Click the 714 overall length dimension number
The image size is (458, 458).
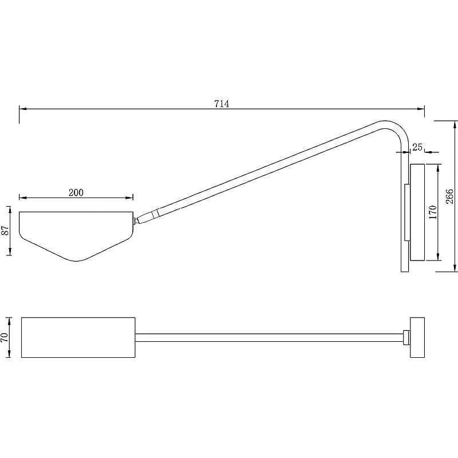tap(222, 104)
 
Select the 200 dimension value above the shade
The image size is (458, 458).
tap(76, 192)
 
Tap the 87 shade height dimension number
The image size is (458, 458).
tap(6, 231)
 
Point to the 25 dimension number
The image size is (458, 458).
tap(417, 147)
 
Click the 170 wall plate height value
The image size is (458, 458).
tap(433, 212)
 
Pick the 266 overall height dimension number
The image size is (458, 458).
tap(450, 196)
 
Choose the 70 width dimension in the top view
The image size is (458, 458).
tap(5, 337)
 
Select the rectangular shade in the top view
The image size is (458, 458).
tap(78, 337)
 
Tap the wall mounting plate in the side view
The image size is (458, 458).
tap(417, 212)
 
